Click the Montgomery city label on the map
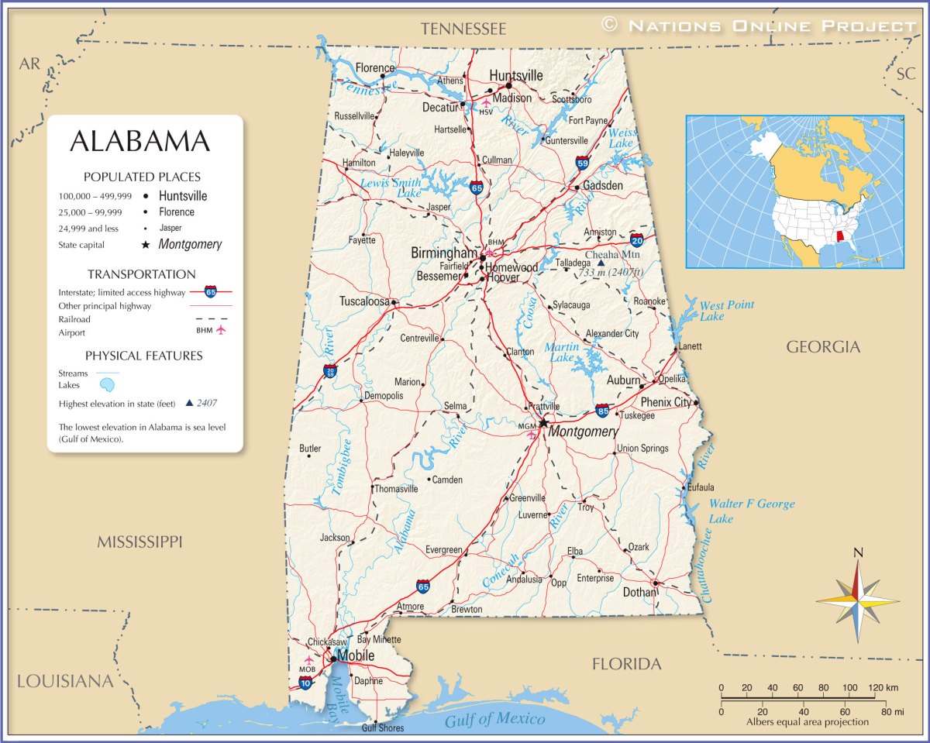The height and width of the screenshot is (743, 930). [583, 432]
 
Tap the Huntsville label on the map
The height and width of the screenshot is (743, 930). [515, 76]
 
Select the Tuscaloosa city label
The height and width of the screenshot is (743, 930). [363, 301]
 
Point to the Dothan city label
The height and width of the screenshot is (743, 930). [639, 593]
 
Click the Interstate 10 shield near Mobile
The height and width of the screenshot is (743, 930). [305, 683]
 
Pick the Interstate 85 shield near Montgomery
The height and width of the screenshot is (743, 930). [602, 410]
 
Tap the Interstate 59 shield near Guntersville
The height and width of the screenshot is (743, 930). [582, 162]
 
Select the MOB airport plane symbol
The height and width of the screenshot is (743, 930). [308, 659]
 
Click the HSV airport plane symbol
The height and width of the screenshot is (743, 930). [486, 102]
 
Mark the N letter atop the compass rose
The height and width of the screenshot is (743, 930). [858, 552]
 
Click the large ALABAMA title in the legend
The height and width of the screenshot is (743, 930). [139, 142]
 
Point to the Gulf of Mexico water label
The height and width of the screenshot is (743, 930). [494, 719]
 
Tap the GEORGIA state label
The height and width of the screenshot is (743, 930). [823, 347]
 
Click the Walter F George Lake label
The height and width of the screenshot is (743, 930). [751, 511]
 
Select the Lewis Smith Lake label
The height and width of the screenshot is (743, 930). [391, 187]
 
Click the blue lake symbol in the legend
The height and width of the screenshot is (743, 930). [108, 384]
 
